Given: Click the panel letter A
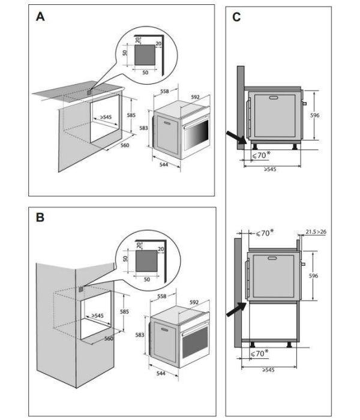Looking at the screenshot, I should [x=40, y=17].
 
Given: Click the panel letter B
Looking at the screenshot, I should [x=40, y=218].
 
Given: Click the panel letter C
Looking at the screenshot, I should [x=236, y=17].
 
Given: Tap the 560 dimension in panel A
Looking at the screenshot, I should [x=124, y=145].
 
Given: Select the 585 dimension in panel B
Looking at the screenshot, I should [x=124, y=311].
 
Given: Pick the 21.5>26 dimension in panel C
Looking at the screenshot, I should [x=316, y=231].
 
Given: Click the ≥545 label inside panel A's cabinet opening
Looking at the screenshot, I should [x=105, y=117].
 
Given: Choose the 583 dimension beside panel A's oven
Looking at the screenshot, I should [x=143, y=128].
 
